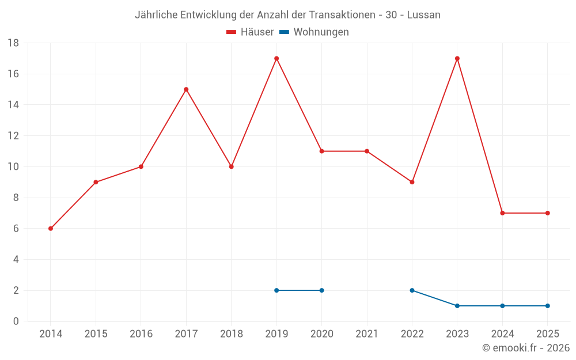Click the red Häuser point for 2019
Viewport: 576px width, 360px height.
point(276,59)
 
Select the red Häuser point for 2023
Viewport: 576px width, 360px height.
point(457,59)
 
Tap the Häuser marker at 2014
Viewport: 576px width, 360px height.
point(51,229)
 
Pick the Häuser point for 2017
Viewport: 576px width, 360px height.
point(186,89)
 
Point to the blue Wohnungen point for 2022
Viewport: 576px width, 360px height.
point(412,290)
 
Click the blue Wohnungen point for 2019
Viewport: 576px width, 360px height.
point(276,290)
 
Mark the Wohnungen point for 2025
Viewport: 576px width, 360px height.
point(548,306)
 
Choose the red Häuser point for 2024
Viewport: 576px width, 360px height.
point(502,213)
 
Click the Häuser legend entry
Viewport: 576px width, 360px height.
point(250,32)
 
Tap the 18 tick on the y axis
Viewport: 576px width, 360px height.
point(13,43)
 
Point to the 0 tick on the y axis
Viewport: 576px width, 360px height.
point(16,321)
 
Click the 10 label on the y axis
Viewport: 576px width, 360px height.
point(13,167)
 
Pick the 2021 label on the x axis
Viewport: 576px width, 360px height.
point(367,334)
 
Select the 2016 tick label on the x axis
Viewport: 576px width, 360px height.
point(141,334)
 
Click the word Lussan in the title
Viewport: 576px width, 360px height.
point(423,15)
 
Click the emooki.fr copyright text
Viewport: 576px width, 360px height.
point(525,348)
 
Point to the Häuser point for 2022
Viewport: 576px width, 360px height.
point(412,182)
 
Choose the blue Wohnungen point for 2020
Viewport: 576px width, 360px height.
point(321,290)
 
